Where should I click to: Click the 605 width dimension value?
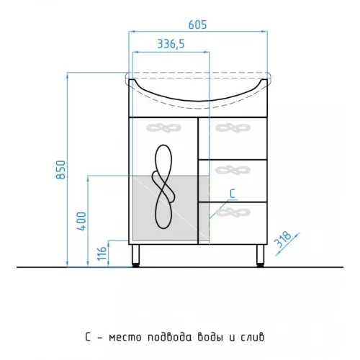coord(197,24)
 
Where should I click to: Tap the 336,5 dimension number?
coord(171,44)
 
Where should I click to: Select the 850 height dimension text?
coord(60,170)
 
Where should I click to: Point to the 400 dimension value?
coord(81,221)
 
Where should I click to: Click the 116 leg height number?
coord(102,253)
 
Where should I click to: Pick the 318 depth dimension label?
coord(284,239)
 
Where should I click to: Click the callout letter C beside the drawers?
coord(233,194)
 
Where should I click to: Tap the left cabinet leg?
coord(136,256)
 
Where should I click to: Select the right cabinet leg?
coord(260,256)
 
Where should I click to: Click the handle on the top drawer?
coord(233,127)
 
